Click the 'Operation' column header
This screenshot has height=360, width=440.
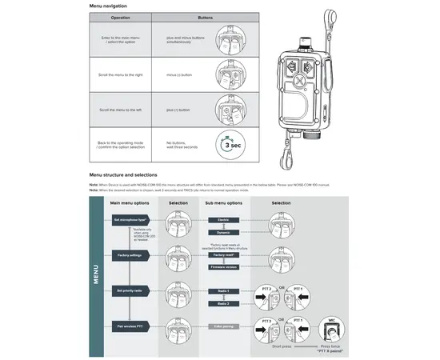tap(120, 17)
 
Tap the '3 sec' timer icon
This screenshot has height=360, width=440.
tap(230, 145)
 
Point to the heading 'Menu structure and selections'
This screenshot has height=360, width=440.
tap(122, 174)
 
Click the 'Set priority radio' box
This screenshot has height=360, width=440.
tap(131, 290)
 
